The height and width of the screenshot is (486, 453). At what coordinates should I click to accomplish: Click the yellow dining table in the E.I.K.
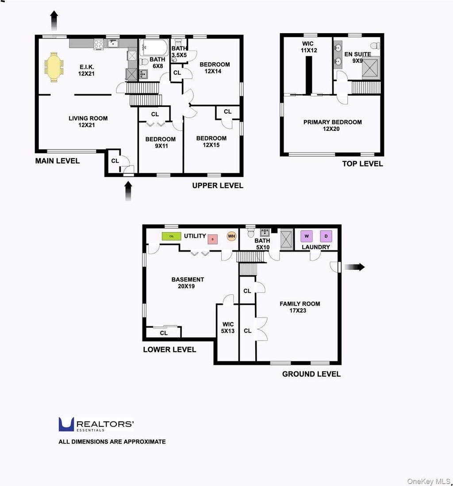coord(54,67)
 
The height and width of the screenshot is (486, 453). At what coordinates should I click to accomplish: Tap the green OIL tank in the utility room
coord(172,236)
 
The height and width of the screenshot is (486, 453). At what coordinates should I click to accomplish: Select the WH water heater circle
coord(232,236)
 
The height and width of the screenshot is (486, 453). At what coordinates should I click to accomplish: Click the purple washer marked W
coord(307,236)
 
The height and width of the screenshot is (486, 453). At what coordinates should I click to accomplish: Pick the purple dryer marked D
coord(326,236)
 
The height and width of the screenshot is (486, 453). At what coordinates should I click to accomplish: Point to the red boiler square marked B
coord(212,239)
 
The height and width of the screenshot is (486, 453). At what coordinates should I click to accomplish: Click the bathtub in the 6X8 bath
coord(154,47)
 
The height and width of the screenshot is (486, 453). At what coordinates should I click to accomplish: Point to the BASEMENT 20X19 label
coord(188,283)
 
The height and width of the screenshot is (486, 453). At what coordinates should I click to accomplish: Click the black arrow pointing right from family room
coord(355,267)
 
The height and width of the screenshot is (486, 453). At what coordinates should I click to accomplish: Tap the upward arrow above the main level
coord(54,20)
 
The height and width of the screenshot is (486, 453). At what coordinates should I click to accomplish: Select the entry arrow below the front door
coord(128,191)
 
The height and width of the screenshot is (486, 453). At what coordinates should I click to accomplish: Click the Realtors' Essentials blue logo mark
coord(66,424)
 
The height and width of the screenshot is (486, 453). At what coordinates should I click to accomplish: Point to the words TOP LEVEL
coord(362,164)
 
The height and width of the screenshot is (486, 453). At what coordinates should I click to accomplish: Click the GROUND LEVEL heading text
coord(311,374)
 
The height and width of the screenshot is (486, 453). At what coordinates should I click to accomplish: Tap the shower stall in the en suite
coord(371,68)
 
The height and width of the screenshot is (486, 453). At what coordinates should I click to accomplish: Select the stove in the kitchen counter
coord(99,44)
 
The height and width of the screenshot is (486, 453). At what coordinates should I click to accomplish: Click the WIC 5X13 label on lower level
coord(228,328)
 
